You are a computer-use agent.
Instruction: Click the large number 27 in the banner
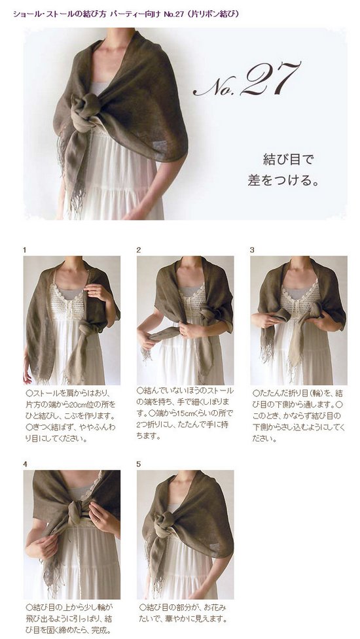coord(270,79)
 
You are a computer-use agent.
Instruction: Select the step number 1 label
coord(25,250)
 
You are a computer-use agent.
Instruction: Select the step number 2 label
coord(139,250)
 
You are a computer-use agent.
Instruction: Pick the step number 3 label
coord(252,250)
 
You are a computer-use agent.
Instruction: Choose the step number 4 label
coord(26,464)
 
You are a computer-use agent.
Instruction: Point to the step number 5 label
coord(139,464)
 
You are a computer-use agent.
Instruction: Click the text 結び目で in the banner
coord(288,160)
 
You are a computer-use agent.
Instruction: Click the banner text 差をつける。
coord(283,180)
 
